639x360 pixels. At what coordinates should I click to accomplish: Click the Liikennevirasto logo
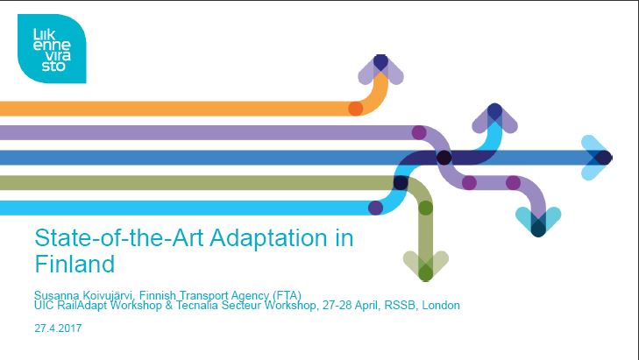tap(52, 48)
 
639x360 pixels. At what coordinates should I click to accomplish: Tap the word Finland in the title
tap(75, 264)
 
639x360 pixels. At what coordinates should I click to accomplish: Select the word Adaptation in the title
tap(269, 238)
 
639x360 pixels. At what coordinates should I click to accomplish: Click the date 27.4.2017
tap(58, 328)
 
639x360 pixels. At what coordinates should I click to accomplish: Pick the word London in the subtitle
tap(441, 305)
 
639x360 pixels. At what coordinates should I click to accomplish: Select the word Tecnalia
tap(197, 305)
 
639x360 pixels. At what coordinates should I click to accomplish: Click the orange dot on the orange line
tap(356, 109)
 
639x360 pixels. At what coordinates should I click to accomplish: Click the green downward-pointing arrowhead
tap(426, 265)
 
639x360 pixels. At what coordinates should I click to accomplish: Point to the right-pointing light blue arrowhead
tap(596, 157)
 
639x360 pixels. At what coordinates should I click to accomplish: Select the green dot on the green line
tap(425, 208)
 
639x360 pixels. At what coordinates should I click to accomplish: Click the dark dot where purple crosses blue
tap(444, 158)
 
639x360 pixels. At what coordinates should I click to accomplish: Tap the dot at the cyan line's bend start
tap(375, 208)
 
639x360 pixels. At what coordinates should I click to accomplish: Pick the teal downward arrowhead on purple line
tap(538, 221)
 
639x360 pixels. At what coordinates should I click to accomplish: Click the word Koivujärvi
tap(108, 295)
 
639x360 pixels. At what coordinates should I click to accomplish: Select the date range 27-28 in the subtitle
tap(337, 305)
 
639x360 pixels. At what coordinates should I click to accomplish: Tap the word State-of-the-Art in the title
tap(119, 237)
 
